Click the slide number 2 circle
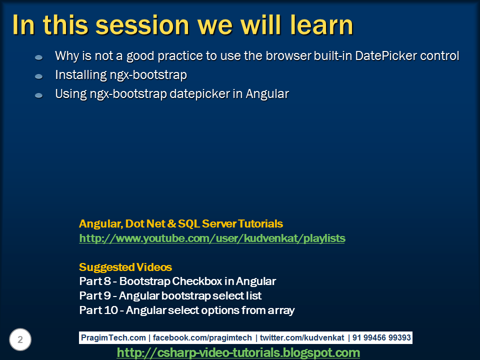tap(20, 340)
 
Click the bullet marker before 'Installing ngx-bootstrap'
tap(38, 76)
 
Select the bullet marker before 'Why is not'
tap(38, 57)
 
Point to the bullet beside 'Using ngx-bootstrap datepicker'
tap(38, 95)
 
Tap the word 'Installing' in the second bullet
tap(80, 75)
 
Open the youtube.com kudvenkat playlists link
tap(212, 238)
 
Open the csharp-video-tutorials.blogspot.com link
tap(238, 352)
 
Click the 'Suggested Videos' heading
tap(125, 267)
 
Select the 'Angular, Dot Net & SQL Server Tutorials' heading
tap(180, 223)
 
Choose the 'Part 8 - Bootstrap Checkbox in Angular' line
tap(177, 281)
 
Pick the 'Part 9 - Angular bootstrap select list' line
tap(170, 295)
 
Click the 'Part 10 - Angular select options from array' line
tap(186, 310)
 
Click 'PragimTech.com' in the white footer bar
tap(113, 337)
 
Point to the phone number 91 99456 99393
tap(381, 337)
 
